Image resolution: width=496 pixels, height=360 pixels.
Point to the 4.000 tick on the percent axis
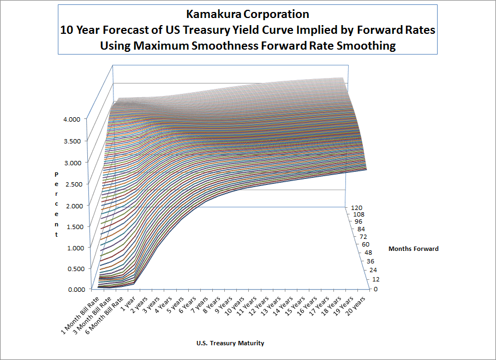(x=71, y=119)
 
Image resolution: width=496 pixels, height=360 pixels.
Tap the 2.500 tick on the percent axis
(x=71, y=183)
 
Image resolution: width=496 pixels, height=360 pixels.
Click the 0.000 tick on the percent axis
(x=71, y=290)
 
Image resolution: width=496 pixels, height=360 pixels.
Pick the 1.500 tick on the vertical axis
(x=71, y=226)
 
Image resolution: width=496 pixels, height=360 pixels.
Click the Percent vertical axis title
(x=56, y=204)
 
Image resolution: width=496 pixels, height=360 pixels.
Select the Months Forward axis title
(x=413, y=249)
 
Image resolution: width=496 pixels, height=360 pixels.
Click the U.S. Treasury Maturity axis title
(x=230, y=343)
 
